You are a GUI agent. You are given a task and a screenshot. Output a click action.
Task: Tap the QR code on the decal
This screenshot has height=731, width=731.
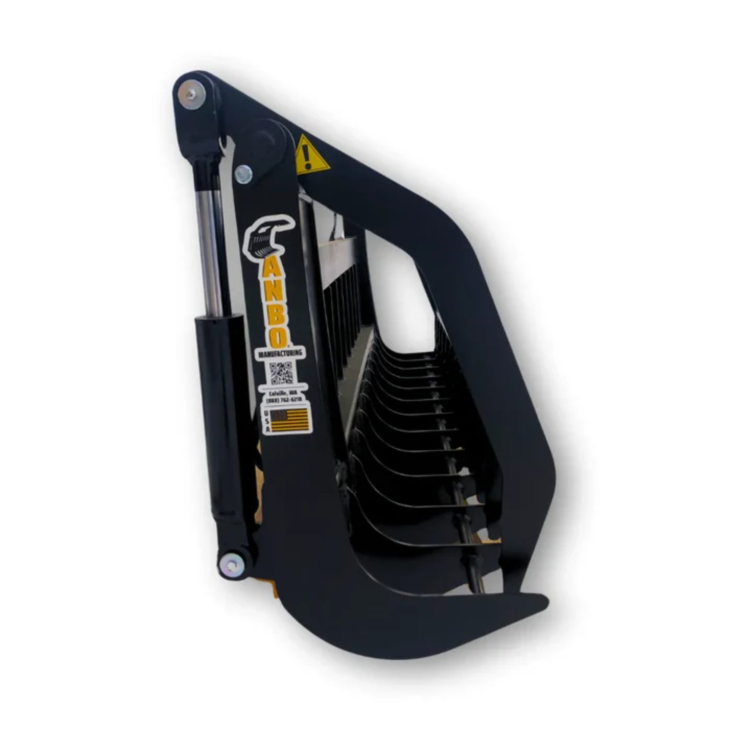coord(281,373)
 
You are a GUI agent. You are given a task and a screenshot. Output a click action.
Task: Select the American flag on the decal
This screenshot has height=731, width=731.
coord(289,420)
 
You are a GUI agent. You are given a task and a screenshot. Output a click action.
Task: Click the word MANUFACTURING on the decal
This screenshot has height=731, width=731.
coord(281,354)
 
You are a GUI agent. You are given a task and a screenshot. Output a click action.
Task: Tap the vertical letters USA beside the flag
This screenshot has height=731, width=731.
coord(267,420)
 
